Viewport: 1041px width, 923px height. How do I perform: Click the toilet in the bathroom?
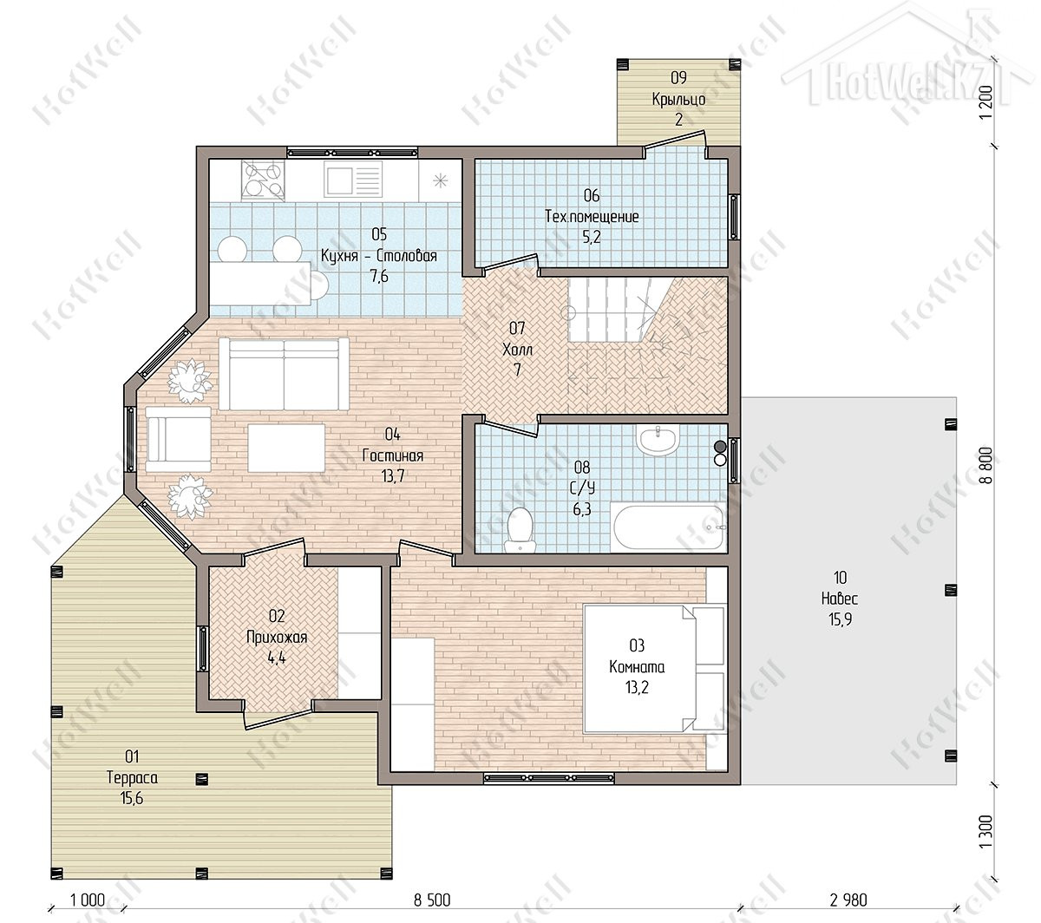point(520,530)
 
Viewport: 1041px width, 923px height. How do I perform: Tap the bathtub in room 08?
point(669,527)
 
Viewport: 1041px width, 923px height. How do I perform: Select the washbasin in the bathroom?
point(658,440)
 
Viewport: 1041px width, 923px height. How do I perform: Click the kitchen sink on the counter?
point(352,179)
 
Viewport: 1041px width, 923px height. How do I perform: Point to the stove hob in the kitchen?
point(263,180)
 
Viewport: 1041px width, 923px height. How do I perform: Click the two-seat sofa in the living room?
point(284,374)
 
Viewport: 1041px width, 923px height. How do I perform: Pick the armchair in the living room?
point(179,440)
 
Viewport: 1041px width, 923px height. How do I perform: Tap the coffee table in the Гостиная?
point(285,447)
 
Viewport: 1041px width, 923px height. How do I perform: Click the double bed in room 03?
point(655,669)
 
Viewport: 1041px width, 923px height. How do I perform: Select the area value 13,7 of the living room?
point(393,476)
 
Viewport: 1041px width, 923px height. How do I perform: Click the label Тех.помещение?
point(592,216)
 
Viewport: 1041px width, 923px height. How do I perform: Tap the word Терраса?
point(132,777)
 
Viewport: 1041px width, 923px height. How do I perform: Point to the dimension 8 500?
point(432,900)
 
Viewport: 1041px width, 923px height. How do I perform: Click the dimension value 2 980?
point(848,900)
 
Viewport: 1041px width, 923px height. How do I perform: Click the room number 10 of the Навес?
point(840,578)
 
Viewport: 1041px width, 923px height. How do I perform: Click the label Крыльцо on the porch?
point(678,99)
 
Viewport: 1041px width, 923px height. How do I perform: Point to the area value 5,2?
point(592,237)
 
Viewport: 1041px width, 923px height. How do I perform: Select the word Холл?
point(517,350)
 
